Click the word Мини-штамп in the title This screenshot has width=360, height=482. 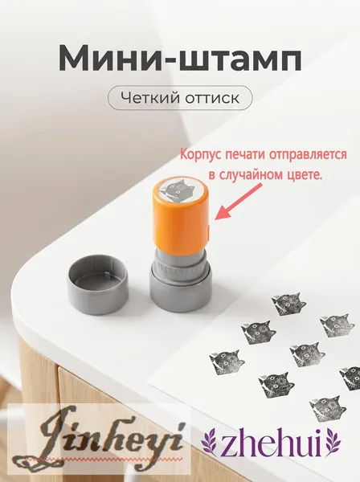180,59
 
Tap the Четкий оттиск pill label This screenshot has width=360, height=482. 180,98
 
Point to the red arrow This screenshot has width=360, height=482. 238,202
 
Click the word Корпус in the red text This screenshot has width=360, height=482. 200,154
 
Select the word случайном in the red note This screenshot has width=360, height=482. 247,174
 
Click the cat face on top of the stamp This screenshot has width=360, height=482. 178,191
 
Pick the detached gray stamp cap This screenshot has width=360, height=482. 98,285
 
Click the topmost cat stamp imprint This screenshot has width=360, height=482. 288,304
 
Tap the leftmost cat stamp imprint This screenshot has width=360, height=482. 227,362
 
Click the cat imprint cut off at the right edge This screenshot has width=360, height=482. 350,378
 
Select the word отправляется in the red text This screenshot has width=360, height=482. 308,154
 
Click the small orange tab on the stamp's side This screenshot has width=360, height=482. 209,232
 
